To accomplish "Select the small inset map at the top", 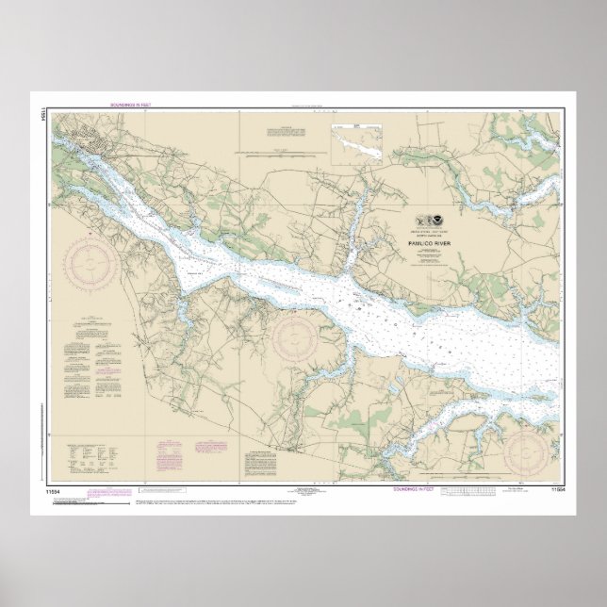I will tap(355, 145).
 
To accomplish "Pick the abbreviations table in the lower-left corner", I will tap(95, 456).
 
